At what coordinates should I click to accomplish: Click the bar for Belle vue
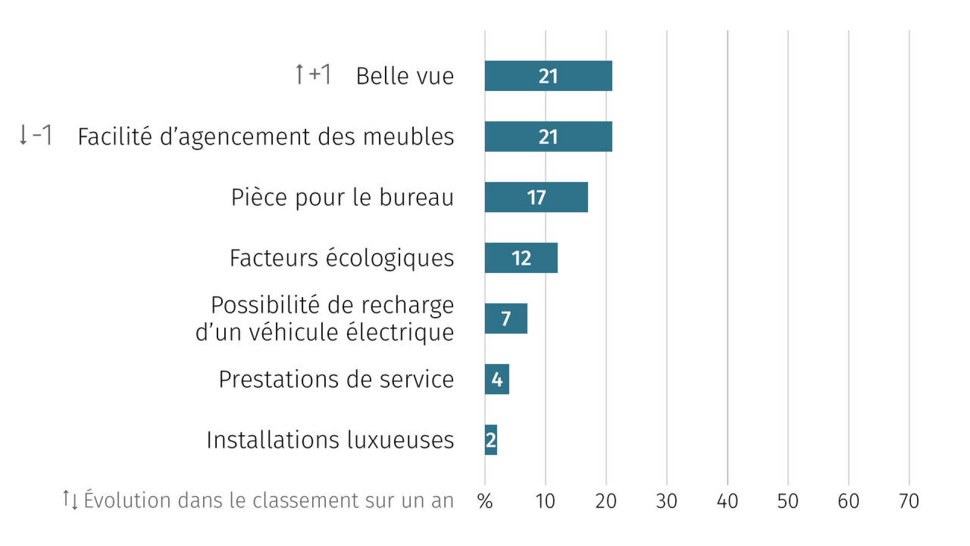coord(548,76)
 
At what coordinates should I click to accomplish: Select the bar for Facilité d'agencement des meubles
coord(548,136)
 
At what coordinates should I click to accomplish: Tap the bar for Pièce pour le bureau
coord(536,197)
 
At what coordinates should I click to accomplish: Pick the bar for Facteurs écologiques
coord(521,258)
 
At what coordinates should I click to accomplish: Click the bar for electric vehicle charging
coord(506,318)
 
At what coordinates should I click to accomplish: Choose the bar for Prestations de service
coord(497,379)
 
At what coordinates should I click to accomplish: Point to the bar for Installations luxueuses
coord(491,440)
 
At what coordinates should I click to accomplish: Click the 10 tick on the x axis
coord(545,501)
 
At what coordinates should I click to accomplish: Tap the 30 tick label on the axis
coord(666,501)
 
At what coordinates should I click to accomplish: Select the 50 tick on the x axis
coord(788,501)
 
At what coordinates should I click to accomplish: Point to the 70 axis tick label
coord(909,501)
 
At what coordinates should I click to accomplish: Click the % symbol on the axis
coord(485,501)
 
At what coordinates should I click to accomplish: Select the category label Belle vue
coord(405,76)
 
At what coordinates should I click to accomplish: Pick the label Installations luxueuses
coord(330,440)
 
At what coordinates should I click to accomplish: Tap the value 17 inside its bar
coord(537,198)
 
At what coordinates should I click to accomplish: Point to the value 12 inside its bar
coord(521,258)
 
